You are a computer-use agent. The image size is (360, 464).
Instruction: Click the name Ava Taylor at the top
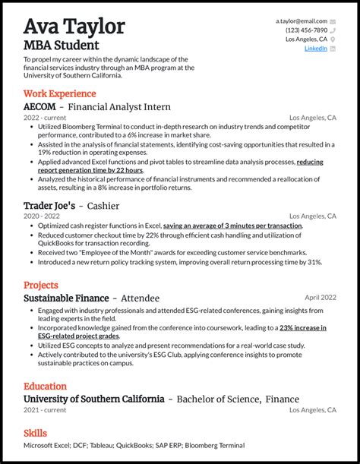(x=74, y=27)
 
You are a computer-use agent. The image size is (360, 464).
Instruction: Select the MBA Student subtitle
(x=62, y=45)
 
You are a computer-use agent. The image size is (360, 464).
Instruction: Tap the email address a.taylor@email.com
(x=302, y=21)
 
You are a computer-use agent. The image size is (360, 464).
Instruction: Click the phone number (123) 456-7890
(x=306, y=30)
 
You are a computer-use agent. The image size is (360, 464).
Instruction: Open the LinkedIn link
(x=316, y=48)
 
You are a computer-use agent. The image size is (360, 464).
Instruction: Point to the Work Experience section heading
(x=60, y=93)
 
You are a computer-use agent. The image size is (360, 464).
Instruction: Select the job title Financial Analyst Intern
(x=119, y=107)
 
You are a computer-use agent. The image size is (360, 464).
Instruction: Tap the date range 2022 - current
(x=45, y=118)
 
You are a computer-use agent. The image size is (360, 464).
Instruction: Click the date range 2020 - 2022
(x=43, y=216)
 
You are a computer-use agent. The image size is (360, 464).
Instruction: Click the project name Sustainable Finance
(x=66, y=298)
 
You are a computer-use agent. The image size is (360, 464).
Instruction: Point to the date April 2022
(x=321, y=298)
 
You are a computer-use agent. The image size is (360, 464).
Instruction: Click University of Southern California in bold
(x=93, y=399)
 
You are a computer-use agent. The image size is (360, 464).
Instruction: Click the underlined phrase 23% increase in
(x=302, y=327)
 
